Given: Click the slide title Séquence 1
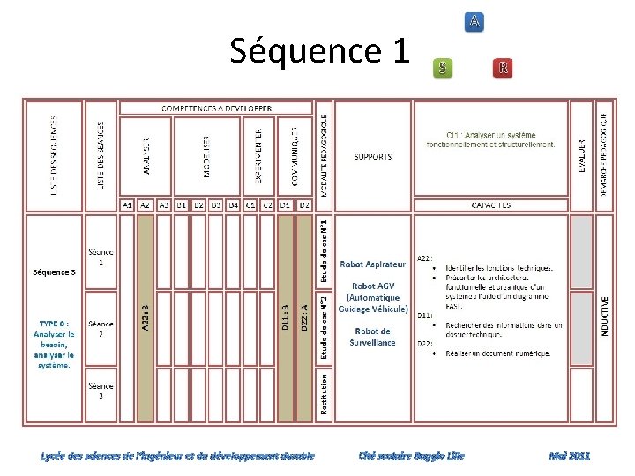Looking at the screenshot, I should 319,51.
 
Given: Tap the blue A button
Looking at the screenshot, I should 475,20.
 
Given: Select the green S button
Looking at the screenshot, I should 444,67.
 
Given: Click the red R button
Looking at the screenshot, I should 502,67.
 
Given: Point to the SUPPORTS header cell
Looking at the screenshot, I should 373,157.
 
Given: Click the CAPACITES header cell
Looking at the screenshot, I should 490,205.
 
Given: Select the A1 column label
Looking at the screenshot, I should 128,205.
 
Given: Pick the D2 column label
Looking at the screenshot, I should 303,205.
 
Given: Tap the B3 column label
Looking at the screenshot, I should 216,205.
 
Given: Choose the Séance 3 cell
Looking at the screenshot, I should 101,390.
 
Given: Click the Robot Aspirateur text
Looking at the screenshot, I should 373,264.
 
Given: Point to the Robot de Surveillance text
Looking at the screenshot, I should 373,337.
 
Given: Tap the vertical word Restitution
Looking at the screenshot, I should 325,393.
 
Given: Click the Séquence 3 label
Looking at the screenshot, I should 55,271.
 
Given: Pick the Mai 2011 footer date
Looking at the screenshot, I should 569,456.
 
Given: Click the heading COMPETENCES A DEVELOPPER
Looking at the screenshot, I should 216,108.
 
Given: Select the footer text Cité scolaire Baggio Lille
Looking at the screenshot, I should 411,456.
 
